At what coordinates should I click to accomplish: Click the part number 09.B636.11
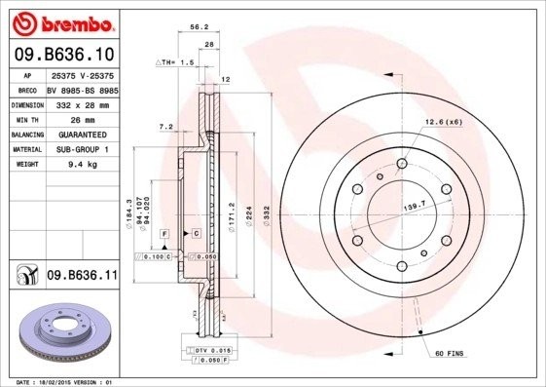point(82,277)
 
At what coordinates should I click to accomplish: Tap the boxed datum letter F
point(166,234)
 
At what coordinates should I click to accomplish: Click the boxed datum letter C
point(196,234)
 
